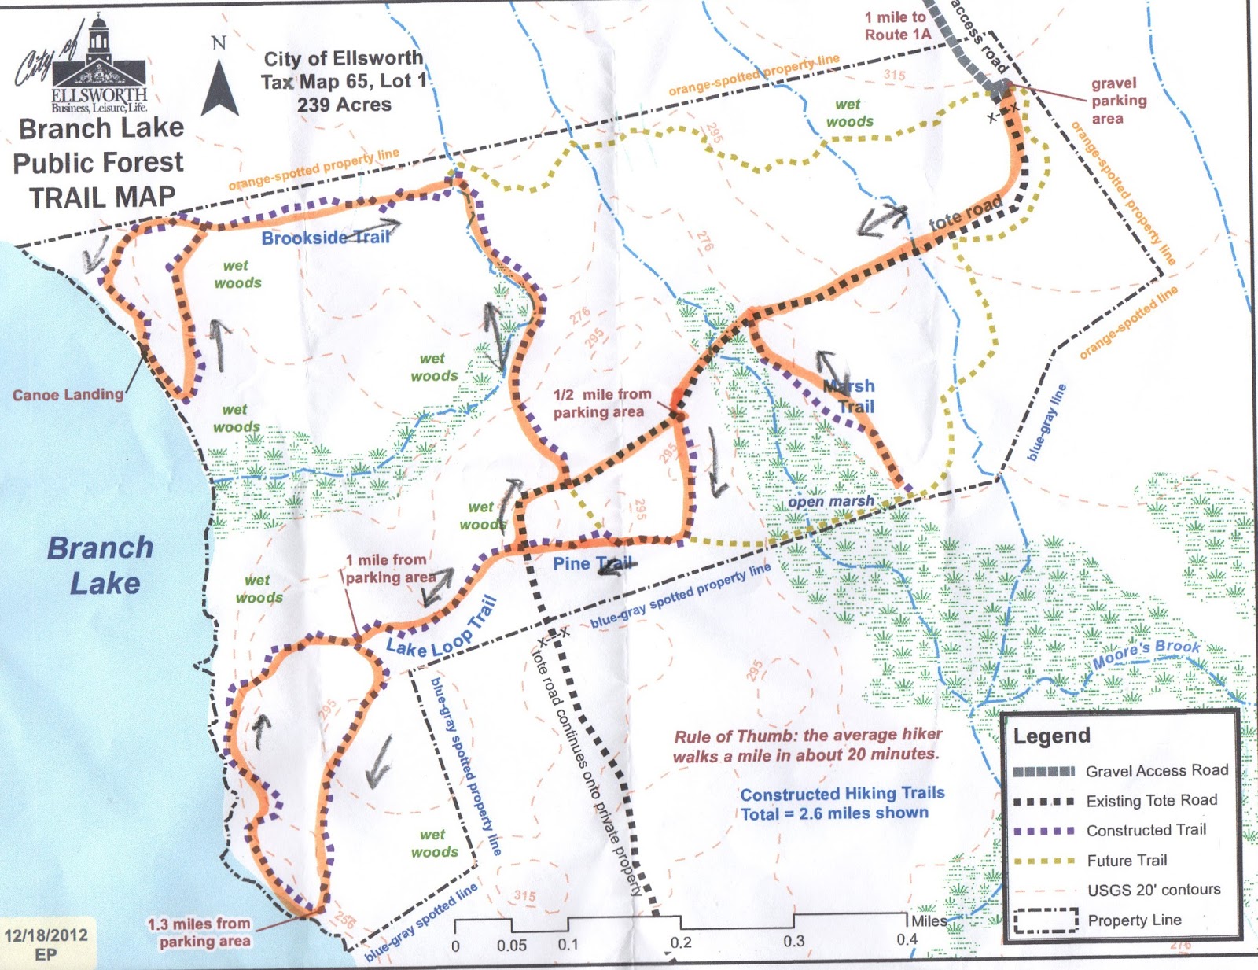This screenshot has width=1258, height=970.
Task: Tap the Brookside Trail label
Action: tap(325, 237)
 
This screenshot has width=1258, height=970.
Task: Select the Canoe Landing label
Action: tap(68, 394)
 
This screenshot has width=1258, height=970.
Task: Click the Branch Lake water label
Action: tap(101, 565)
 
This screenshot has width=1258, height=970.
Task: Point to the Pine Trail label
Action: tap(592, 563)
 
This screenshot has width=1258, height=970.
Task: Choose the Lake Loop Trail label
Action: tap(442, 629)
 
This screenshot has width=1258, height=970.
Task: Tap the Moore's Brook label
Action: tap(1146, 655)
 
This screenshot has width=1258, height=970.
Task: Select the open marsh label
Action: tap(831, 501)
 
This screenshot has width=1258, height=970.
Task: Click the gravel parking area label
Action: tap(1118, 101)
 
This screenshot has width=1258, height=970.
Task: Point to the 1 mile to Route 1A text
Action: tap(897, 26)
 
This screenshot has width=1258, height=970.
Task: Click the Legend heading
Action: tap(1051, 736)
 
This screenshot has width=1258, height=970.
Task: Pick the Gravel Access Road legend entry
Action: tap(1156, 771)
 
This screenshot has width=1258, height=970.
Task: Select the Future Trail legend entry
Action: tap(1127, 860)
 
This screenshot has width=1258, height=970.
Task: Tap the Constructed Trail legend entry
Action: tap(1146, 830)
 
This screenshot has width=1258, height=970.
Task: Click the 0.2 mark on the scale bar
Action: tap(681, 942)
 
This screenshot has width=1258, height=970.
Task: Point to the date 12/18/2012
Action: tap(46, 935)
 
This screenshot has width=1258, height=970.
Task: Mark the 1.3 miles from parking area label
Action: tap(199, 932)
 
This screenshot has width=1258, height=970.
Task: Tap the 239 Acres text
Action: tap(344, 105)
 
